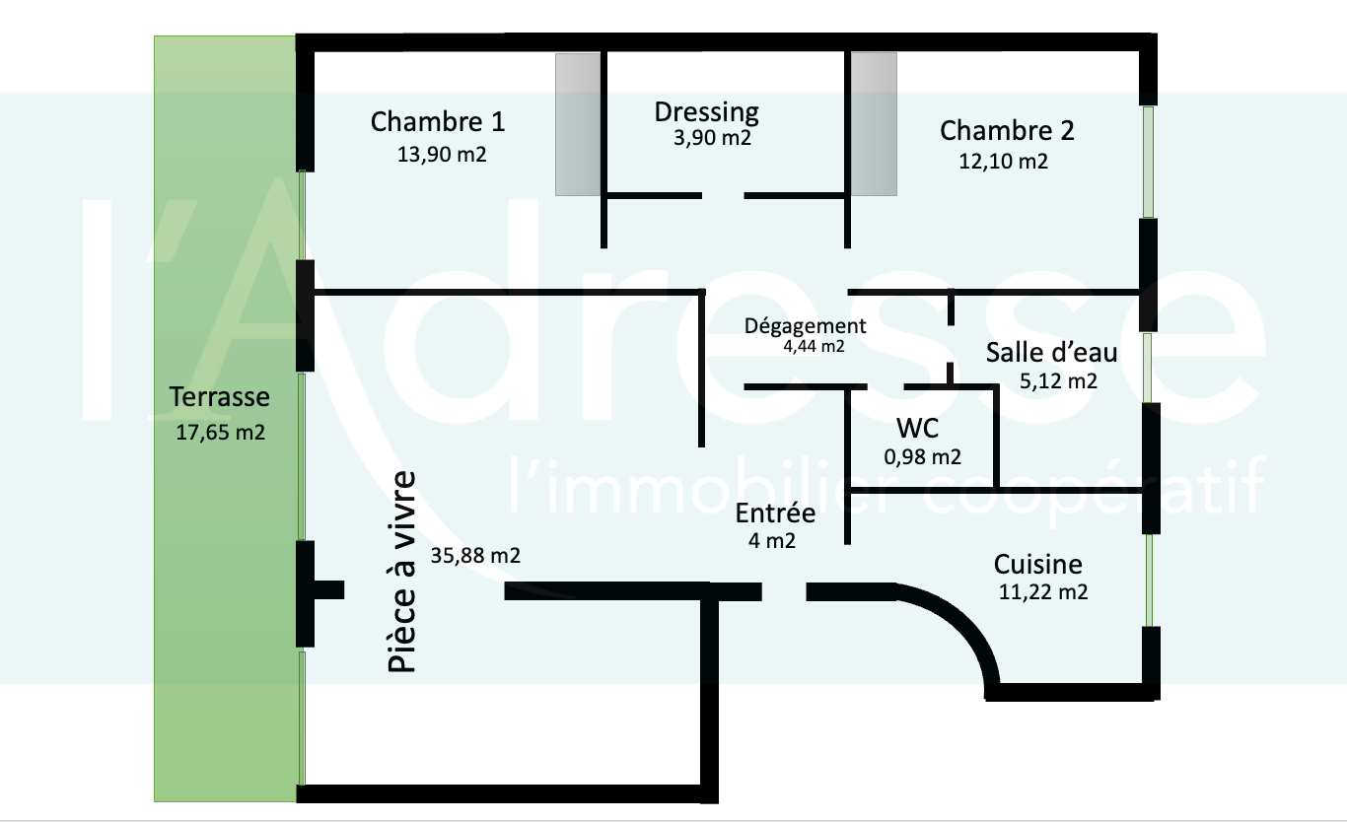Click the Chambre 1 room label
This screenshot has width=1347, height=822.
coord(438,122)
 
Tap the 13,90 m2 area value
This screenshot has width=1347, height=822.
coord(441,155)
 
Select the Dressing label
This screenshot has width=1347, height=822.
coord(706,111)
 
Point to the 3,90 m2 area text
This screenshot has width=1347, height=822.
coord(707,138)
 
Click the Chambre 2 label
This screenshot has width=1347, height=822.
coord(1007,130)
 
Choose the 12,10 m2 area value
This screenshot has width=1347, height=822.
coord(1003,162)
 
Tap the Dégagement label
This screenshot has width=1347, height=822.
coord(805,325)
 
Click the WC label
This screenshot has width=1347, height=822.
coord(917,428)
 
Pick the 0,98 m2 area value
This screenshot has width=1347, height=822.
coord(923,456)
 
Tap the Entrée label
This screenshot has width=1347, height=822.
coord(775,514)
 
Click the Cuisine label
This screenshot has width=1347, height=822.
coord(1037,565)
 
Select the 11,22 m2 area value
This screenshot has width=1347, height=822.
coord(1042,591)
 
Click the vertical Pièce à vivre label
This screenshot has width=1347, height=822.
coord(400,573)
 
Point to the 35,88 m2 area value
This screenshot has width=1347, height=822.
coord(475,555)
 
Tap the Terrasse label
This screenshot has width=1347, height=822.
coord(219,397)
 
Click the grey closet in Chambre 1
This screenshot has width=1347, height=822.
coord(578,124)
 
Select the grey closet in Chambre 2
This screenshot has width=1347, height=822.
coord(874,124)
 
